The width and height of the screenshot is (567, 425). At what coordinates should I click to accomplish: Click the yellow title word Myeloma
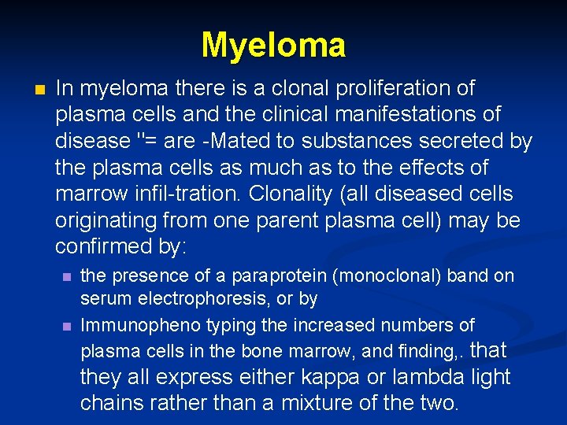pyautogui.click(x=273, y=46)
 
